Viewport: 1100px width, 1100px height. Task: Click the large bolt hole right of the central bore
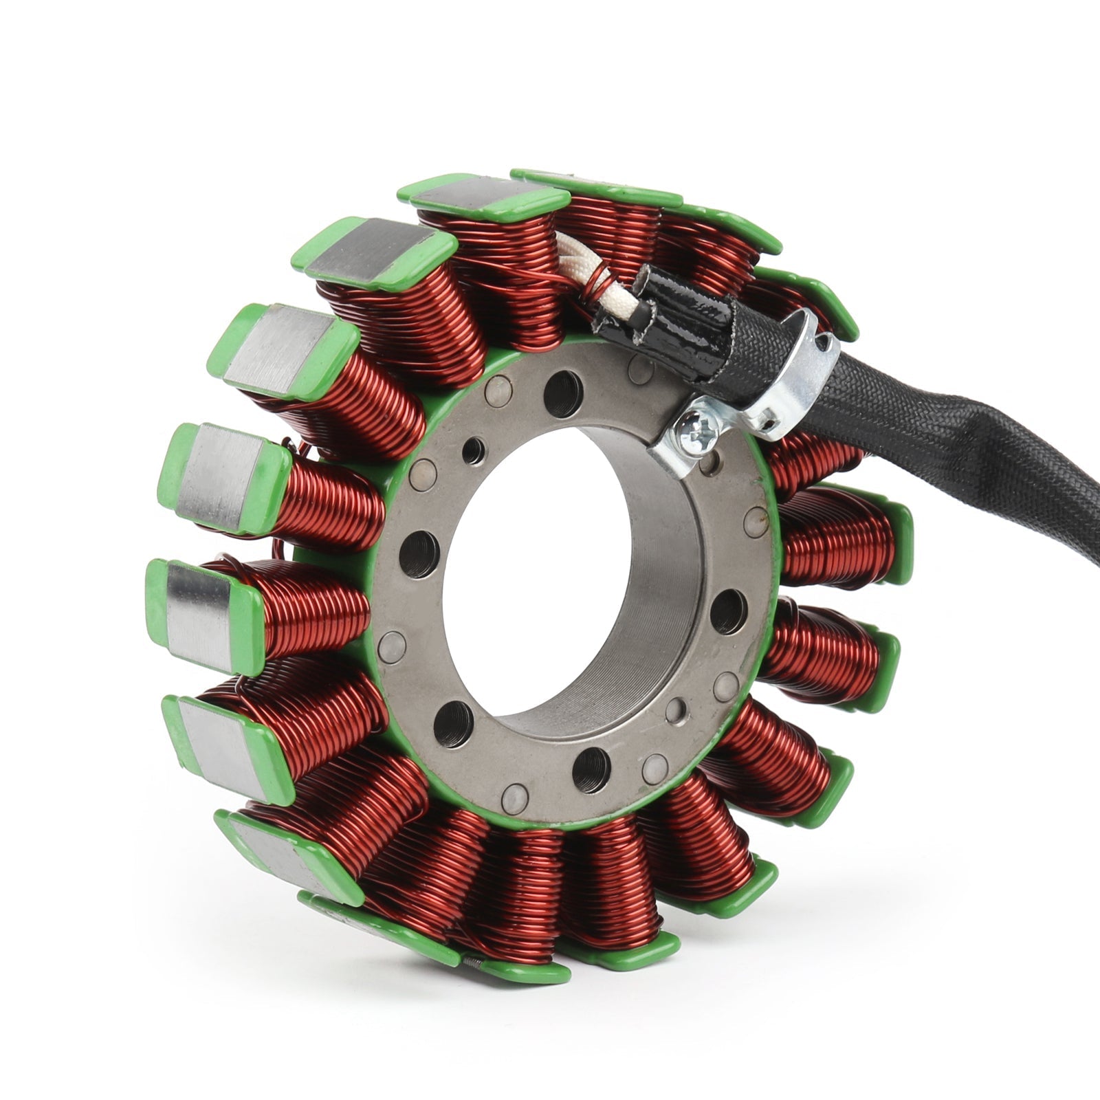(x=728, y=610)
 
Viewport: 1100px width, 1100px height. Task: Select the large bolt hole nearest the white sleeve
(x=563, y=394)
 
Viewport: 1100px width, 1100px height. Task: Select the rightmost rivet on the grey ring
(x=755, y=522)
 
